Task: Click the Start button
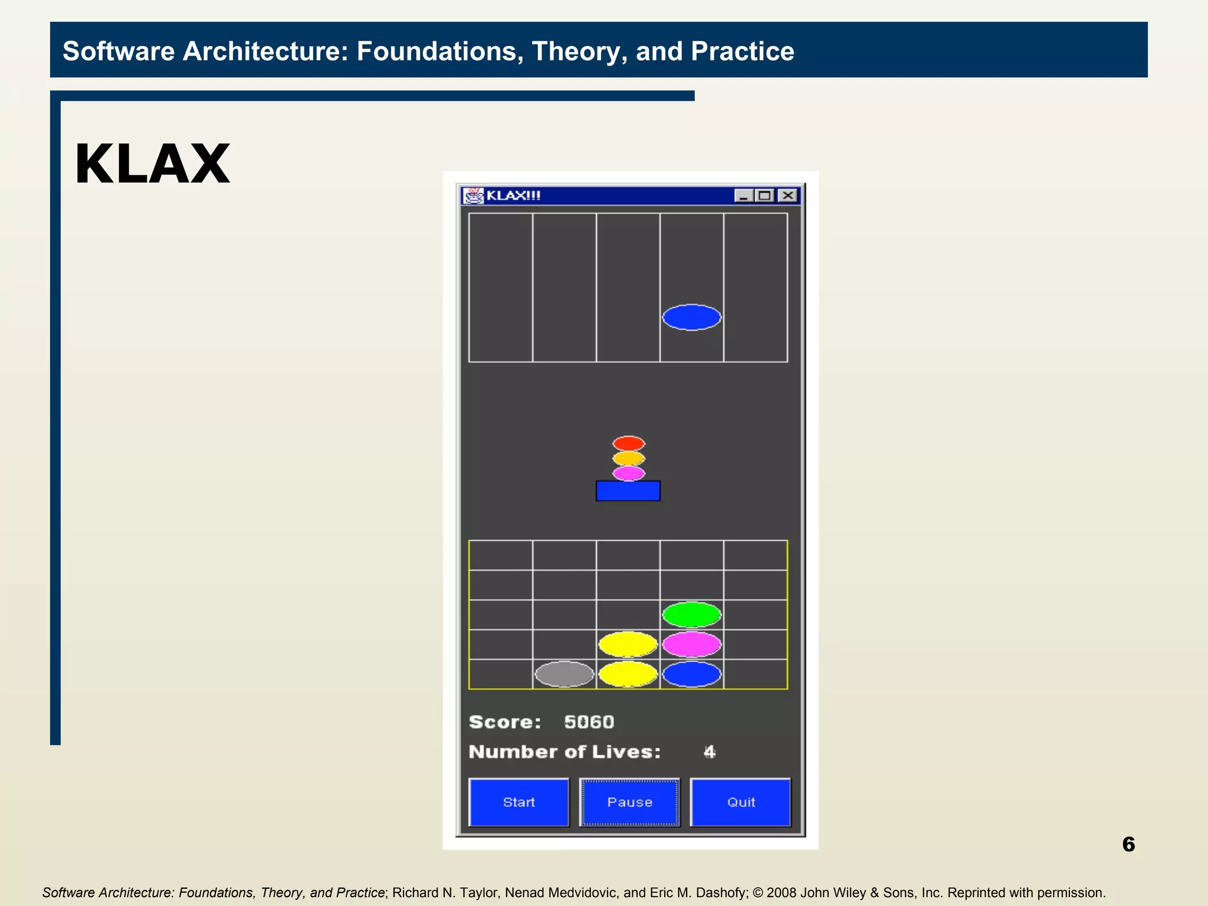tap(518, 802)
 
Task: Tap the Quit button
tap(740, 802)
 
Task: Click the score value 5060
tap(589, 722)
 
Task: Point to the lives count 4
tap(709, 752)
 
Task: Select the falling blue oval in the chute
tap(691, 317)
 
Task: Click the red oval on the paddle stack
tap(628, 443)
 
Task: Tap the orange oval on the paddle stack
tap(628, 458)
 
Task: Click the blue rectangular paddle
tap(628, 491)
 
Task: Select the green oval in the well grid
tap(691, 615)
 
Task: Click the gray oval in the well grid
tap(564, 674)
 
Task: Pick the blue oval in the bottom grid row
tap(691, 674)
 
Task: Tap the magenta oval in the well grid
tap(691, 644)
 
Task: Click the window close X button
tap(787, 195)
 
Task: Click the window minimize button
tap(743, 195)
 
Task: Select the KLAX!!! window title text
tap(513, 195)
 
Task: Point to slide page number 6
tap(1128, 844)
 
